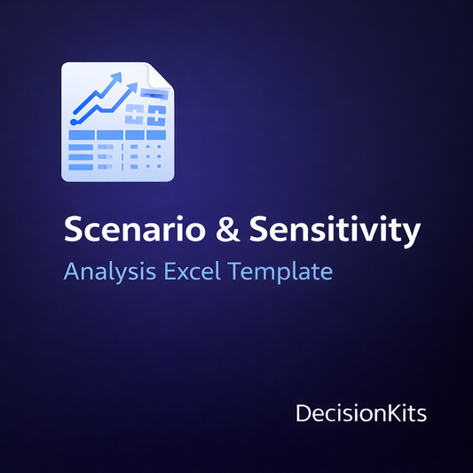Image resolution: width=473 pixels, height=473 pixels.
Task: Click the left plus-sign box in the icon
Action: [135, 114]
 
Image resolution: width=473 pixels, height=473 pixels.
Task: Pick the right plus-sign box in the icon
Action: [157, 114]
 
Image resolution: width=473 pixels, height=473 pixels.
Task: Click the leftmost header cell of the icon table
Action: [81, 135]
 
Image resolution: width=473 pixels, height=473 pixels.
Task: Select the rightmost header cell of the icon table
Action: [157, 135]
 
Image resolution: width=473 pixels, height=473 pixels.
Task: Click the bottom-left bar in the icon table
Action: [81, 167]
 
